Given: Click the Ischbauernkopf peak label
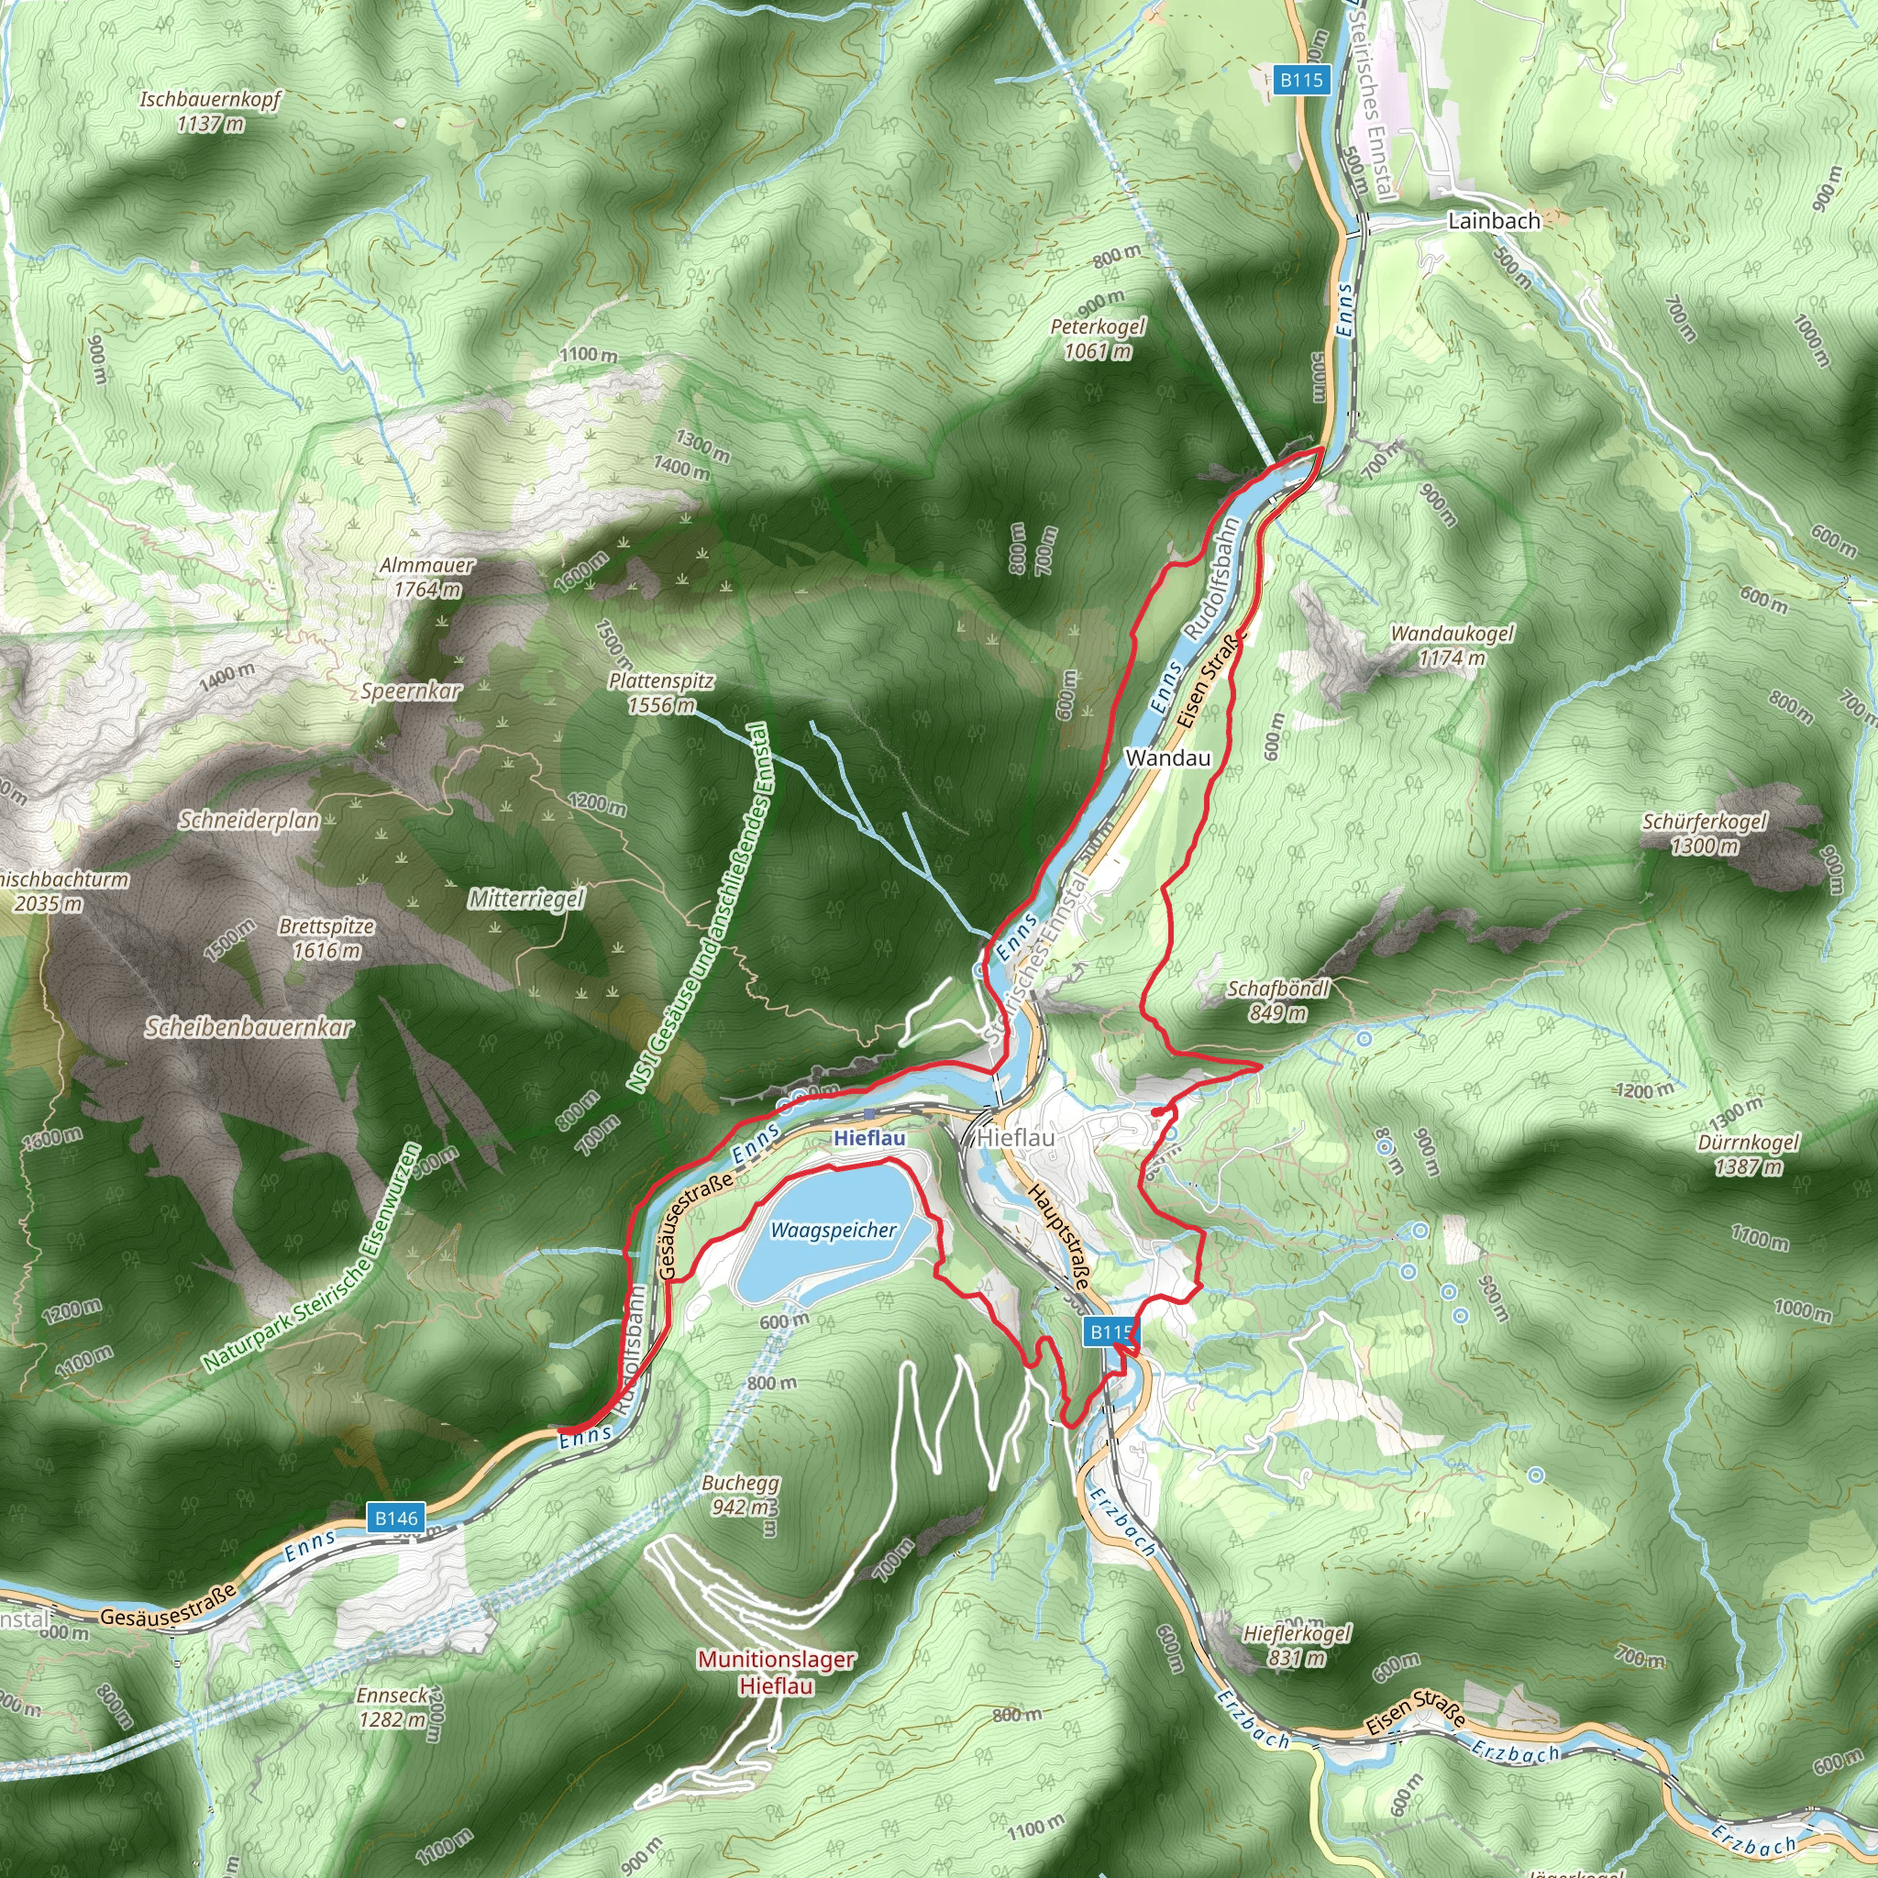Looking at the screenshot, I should tap(210, 111).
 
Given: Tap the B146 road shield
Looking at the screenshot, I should tap(395, 1518).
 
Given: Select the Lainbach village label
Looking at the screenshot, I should tap(1493, 221).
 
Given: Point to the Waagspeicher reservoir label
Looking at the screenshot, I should tap(833, 1230).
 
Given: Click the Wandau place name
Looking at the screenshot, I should tap(1167, 757).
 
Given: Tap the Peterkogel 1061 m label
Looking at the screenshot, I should tap(1098, 339).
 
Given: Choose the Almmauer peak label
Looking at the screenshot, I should tap(426, 577).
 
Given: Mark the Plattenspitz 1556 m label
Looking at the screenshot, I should tap(661, 693).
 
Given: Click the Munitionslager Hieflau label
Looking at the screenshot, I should tap(776, 1672).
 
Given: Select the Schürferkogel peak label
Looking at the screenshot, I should tap(1704, 833).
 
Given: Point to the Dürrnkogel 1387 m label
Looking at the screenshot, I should tap(1748, 1154).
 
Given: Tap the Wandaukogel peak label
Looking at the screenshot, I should tap(1452, 646).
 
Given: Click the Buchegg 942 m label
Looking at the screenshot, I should tap(741, 1495).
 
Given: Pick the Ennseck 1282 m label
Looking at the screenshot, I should tap(392, 1707).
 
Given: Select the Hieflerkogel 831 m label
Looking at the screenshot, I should tap(1296, 1645).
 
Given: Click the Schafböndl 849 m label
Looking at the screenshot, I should tap(1276, 1000).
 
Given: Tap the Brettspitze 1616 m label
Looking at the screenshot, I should tap(326, 938).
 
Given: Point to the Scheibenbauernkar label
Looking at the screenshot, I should tap(249, 1027).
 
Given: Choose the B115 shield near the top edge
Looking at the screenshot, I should tap(1300, 80).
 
